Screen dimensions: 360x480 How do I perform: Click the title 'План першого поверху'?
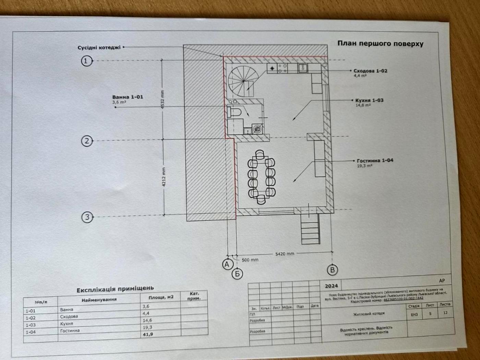[380, 44]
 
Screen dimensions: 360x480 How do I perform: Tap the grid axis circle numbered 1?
[87, 61]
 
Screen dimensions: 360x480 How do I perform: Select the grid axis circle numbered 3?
[87, 217]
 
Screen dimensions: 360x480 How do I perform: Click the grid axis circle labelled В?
[332, 269]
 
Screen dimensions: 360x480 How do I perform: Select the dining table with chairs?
[262, 177]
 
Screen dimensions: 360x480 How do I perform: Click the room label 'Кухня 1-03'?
[369, 100]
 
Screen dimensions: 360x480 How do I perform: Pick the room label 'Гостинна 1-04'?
[375, 160]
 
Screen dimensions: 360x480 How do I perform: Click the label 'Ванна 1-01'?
[128, 97]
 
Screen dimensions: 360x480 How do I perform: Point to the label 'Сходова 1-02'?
[370, 71]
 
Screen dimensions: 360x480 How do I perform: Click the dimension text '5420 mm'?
[285, 254]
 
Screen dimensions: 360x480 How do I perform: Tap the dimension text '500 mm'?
[250, 260]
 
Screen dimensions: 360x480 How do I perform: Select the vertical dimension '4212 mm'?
[164, 176]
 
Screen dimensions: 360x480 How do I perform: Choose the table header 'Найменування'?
[99, 300]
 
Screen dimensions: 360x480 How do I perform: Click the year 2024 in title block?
[331, 286]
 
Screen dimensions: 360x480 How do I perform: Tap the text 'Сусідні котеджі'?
[99, 48]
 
